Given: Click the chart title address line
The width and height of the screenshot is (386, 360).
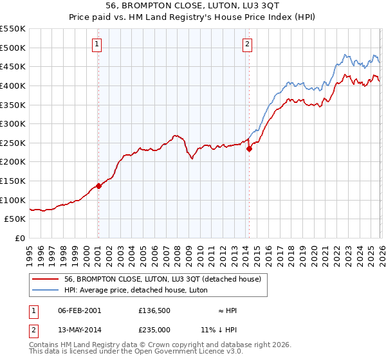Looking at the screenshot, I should [193, 6].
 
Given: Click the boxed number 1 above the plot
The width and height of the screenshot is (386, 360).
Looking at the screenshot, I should [96, 44].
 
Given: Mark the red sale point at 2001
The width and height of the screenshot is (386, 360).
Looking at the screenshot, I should [98, 186].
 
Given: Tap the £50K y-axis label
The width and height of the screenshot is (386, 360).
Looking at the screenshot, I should [15, 219].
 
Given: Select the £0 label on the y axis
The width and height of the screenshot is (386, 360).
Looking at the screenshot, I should [21, 239].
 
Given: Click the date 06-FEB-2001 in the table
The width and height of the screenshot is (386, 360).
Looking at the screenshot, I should [79, 310].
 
